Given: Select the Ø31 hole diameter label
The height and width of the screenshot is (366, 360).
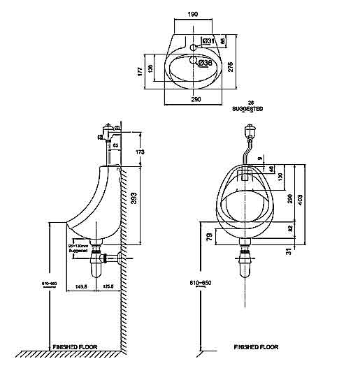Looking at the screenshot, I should tap(208, 41).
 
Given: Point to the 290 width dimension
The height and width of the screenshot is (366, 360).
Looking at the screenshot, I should tap(196, 100).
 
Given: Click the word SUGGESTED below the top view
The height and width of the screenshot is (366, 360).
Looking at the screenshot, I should tap(247, 110).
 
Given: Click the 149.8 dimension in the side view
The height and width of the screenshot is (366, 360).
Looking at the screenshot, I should tap(81, 286).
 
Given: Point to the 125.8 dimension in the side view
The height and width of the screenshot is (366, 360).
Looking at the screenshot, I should tap(108, 286).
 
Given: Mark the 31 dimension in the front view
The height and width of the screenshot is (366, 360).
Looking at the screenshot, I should tap(288, 251).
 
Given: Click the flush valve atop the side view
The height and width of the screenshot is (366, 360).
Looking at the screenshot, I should tap(107, 130).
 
